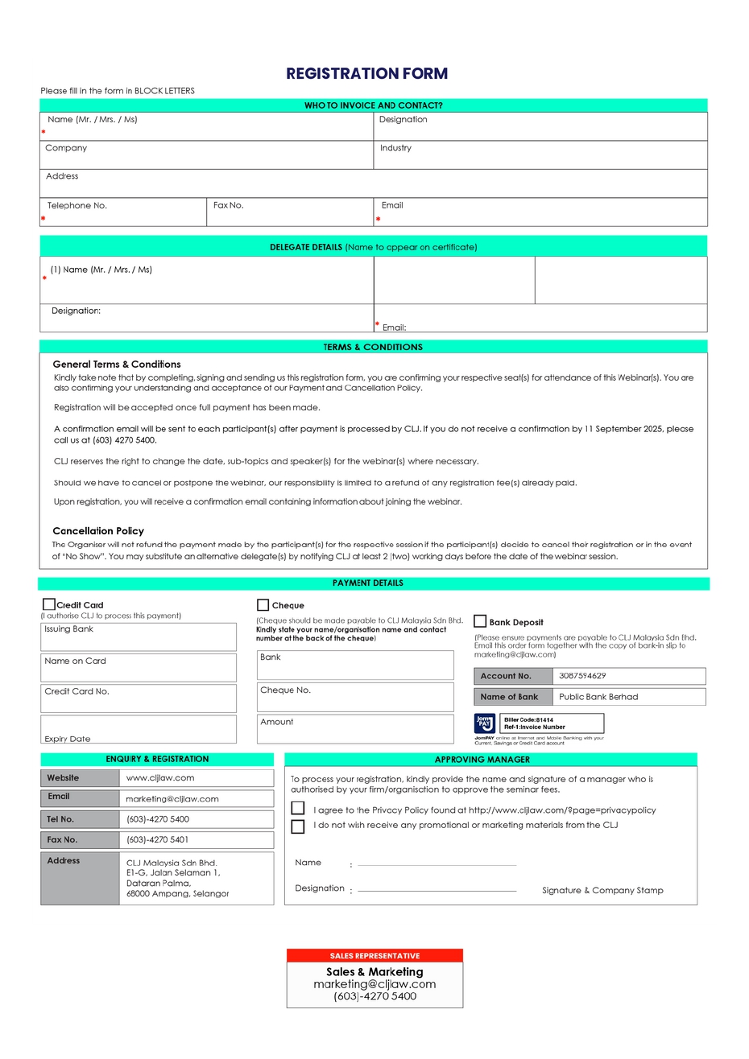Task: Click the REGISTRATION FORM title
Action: (x=366, y=73)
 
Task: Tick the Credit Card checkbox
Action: (x=49, y=604)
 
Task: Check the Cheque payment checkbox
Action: (x=263, y=605)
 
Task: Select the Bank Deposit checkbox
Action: (x=480, y=621)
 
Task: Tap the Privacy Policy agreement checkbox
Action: (x=298, y=808)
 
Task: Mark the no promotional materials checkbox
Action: (x=298, y=826)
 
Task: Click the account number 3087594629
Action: (x=582, y=676)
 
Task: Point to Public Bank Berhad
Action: (x=598, y=697)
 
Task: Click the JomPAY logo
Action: (x=484, y=723)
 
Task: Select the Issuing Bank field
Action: (x=139, y=637)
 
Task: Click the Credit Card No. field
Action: (x=139, y=698)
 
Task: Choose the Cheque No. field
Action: (x=355, y=697)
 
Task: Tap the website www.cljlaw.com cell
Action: (x=196, y=778)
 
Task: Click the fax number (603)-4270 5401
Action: (x=196, y=839)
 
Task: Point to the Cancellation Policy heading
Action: (x=98, y=531)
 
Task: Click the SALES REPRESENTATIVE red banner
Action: (x=374, y=956)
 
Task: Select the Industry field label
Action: (x=395, y=148)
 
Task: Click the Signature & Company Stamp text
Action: (x=602, y=890)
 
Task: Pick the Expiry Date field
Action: (x=139, y=729)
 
